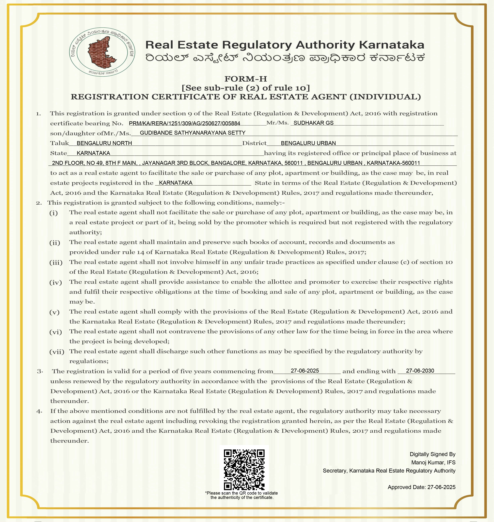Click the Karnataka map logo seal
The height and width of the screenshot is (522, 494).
point(102,52)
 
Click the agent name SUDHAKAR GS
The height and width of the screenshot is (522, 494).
point(313,123)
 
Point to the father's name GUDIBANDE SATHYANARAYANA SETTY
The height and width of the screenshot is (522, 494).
point(192,133)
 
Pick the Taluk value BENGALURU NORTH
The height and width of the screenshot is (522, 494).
point(104,143)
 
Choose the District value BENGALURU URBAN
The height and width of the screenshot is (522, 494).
point(308,143)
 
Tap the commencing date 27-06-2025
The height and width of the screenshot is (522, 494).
point(305,371)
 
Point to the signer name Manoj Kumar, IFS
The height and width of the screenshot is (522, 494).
point(433,462)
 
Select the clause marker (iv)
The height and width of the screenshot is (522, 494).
point(56,282)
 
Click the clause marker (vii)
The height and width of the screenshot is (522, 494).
point(57,352)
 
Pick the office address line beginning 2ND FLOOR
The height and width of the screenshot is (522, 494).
point(236,163)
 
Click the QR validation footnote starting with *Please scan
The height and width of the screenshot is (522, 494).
point(241,495)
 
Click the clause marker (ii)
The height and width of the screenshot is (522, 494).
point(55,243)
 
